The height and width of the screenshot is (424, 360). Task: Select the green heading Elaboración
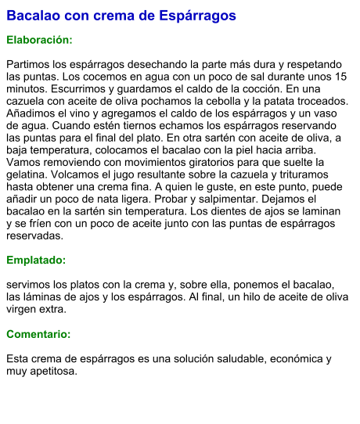click(39, 39)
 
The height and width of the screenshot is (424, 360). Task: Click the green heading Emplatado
click(36, 260)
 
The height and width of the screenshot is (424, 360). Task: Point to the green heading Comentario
click(38, 334)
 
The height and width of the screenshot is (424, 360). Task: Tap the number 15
click(340, 77)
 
